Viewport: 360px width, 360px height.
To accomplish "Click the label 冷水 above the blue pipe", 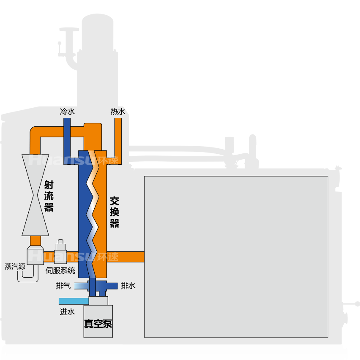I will click(x=67, y=112).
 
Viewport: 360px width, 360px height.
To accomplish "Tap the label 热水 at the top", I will click(x=117, y=112).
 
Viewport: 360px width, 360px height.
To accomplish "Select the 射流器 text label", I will click(x=49, y=196).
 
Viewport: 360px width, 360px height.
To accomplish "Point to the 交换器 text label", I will click(x=114, y=212).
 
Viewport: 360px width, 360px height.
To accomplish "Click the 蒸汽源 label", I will click(x=15, y=267).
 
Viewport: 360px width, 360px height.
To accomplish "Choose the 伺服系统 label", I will click(x=60, y=270).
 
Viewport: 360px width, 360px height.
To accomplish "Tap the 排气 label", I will click(x=63, y=286).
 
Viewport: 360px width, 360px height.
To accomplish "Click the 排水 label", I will click(x=128, y=286).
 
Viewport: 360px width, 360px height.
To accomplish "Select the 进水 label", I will click(x=67, y=312).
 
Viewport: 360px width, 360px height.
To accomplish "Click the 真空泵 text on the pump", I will click(x=98, y=324).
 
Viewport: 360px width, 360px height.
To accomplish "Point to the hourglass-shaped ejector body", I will click(x=35, y=195).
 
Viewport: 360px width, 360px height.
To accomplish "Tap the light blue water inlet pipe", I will click(x=74, y=301).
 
